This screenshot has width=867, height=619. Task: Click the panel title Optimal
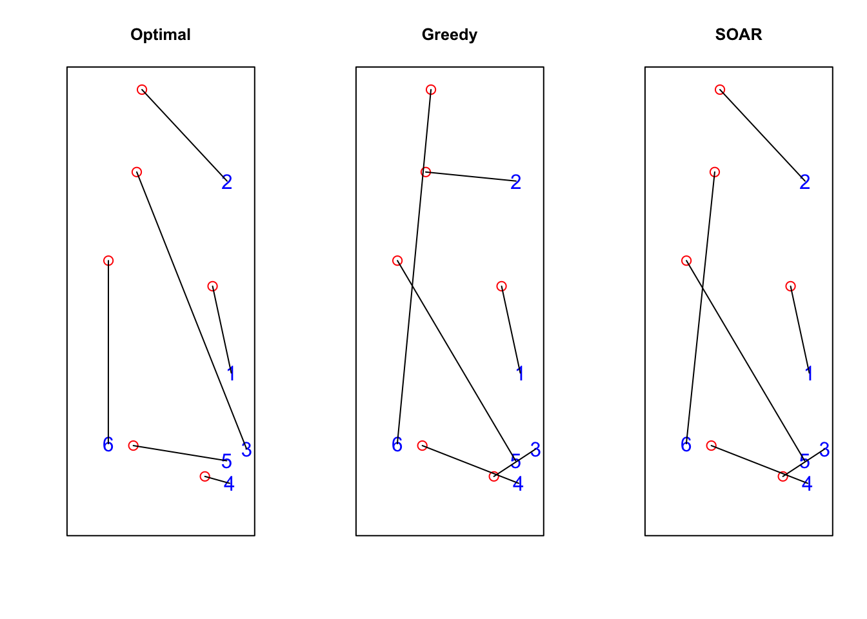click(161, 35)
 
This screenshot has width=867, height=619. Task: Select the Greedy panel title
click(450, 35)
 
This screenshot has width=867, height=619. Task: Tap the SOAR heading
click(739, 35)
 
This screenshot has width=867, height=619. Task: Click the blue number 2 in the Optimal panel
click(226, 182)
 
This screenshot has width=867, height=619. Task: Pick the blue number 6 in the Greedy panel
click(397, 445)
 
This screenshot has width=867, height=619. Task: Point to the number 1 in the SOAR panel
click(810, 373)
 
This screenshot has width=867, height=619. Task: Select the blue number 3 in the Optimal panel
click(246, 450)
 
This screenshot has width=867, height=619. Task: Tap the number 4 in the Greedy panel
click(518, 484)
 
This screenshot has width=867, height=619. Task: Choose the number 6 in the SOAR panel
click(686, 445)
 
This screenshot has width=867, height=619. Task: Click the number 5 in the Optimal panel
click(226, 462)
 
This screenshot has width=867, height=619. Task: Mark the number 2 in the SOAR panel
click(804, 182)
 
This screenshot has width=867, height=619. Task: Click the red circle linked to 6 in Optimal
click(108, 260)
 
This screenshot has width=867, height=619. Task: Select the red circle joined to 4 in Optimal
click(205, 477)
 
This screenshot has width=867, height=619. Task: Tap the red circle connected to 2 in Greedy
click(426, 172)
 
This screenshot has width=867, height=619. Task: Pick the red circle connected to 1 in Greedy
click(502, 286)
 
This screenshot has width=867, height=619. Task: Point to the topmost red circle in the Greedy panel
click(431, 90)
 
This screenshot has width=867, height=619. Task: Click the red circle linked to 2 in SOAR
click(720, 90)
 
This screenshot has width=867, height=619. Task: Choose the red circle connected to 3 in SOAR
click(783, 477)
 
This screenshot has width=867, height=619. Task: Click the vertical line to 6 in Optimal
click(108, 348)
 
